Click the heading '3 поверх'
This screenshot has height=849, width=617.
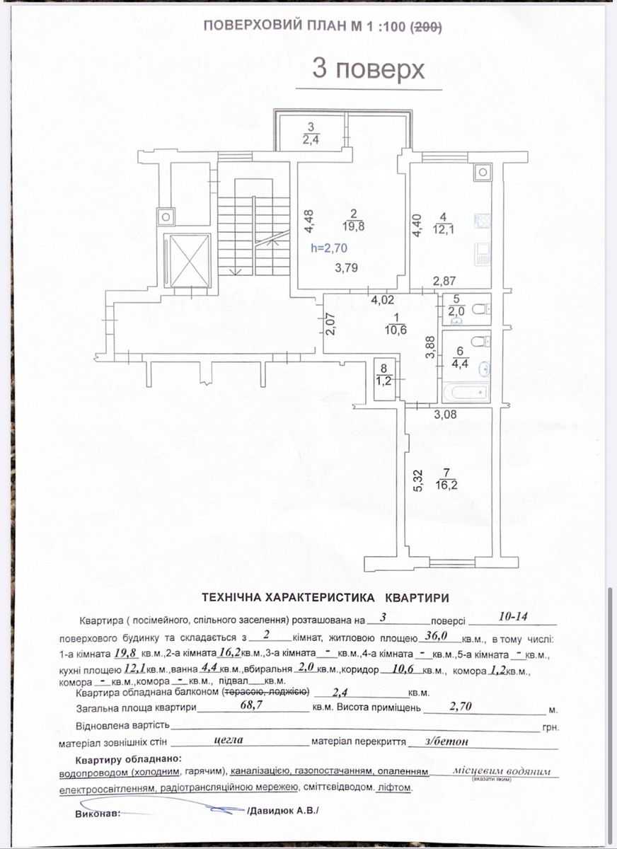(x=368, y=70)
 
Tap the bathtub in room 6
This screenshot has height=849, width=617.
(x=466, y=392)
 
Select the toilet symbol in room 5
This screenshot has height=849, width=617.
(x=481, y=309)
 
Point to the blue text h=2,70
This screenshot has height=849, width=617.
(x=329, y=248)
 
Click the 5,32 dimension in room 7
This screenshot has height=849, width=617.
(x=419, y=480)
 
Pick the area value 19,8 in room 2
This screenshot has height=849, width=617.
(x=353, y=226)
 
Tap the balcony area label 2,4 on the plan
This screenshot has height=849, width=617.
(x=311, y=139)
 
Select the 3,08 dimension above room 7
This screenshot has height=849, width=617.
(x=445, y=415)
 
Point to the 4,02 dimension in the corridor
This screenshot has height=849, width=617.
(x=382, y=301)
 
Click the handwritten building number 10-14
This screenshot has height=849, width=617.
(x=513, y=617)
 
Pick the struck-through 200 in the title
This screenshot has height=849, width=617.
(x=426, y=27)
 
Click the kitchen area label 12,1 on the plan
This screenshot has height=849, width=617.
(x=443, y=229)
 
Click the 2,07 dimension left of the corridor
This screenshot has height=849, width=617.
(x=330, y=323)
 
